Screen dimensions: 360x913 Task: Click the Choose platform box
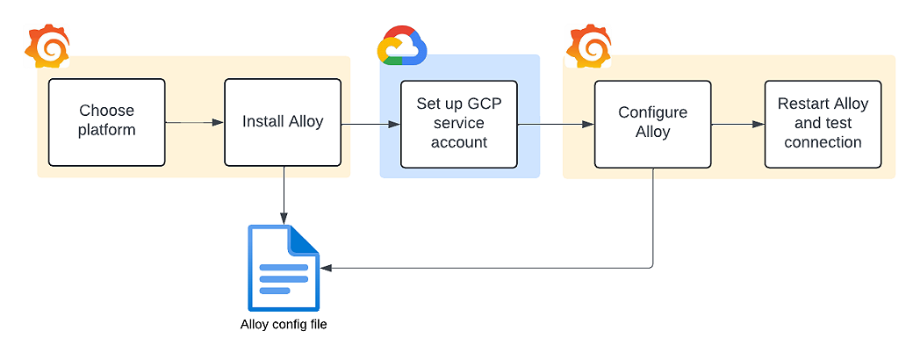coord(106,122)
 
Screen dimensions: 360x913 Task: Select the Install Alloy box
coord(283,122)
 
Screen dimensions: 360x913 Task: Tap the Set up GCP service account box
coord(458,124)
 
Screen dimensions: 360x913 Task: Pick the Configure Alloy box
coord(652,124)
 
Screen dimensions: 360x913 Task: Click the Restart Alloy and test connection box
coord(822,124)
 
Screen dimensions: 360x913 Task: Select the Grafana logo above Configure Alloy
coord(589,47)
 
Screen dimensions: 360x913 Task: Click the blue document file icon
coord(284,268)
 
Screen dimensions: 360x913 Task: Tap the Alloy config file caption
coord(284,325)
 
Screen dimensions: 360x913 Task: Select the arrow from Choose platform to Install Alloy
coord(194,122)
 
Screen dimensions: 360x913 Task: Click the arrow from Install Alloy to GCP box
coord(370,124)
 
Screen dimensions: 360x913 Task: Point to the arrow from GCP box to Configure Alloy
coord(556,124)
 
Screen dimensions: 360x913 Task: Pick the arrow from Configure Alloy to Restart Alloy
coord(737,124)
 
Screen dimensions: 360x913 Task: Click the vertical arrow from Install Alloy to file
coord(284,193)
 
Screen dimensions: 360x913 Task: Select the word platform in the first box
coord(106,131)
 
